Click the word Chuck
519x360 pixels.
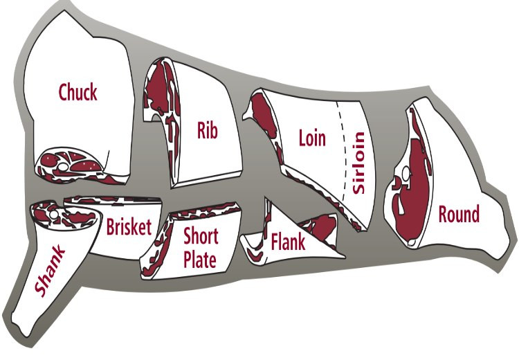pos(78,92)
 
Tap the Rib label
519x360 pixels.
pos(207,129)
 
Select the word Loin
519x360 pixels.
pos(311,137)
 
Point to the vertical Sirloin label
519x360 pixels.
pos(358,163)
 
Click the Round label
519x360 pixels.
pos(458,214)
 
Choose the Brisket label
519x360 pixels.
pos(129,226)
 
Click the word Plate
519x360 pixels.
pos(200,260)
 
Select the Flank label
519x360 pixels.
pos(289,242)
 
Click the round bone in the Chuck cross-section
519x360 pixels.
pos(63,167)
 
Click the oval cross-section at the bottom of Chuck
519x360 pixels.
pos(72,163)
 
